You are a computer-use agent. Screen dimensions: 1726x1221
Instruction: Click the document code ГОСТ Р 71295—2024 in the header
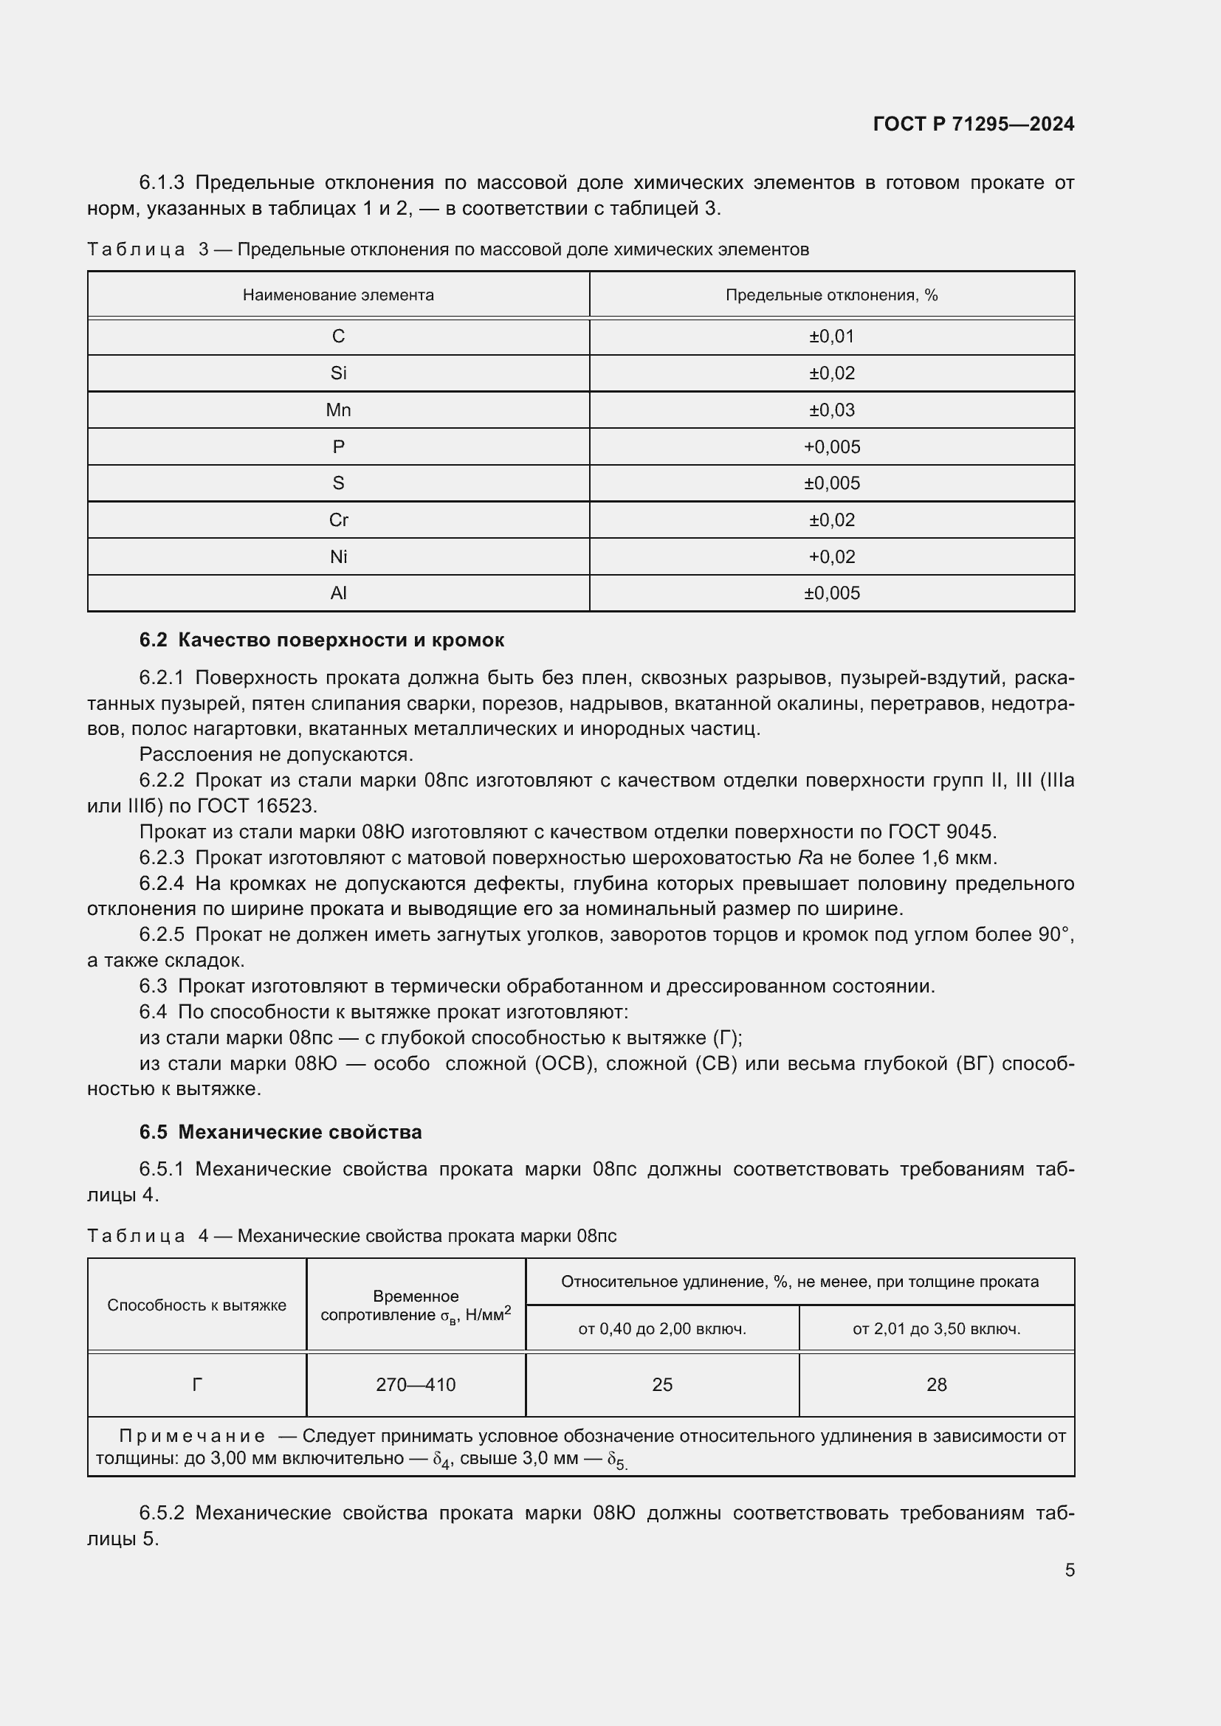(x=973, y=124)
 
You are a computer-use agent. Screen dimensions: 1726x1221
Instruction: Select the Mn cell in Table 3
(x=338, y=410)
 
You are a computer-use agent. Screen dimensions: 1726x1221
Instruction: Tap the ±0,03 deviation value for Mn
(x=831, y=410)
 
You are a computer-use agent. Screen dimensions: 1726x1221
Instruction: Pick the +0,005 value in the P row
(x=831, y=446)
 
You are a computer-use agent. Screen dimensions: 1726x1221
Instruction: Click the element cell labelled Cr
(x=338, y=519)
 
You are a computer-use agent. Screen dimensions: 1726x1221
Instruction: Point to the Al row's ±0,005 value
(x=831, y=593)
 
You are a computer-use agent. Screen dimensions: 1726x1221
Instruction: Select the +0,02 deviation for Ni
(x=831, y=556)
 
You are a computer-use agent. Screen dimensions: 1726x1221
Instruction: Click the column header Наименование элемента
(x=338, y=294)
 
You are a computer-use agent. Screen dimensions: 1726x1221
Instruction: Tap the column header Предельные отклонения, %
(x=831, y=294)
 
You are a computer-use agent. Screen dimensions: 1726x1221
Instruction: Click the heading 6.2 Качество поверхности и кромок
(x=322, y=640)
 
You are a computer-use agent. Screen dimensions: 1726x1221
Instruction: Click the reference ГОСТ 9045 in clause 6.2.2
(x=941, y=832)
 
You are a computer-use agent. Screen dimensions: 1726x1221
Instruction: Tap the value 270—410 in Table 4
(x=416, y=1384)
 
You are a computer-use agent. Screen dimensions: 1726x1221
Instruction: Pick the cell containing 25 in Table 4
(x=661, y=1384)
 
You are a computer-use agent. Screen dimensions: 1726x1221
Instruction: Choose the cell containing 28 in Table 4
(x=936, y=1384)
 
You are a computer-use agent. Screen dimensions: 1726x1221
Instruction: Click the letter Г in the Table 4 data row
(x=197, y=1384)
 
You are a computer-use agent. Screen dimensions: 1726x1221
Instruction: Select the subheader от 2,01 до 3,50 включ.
(x=936, y=1328)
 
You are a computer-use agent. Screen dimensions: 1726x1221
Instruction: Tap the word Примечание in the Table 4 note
(x=192, y=1436)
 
